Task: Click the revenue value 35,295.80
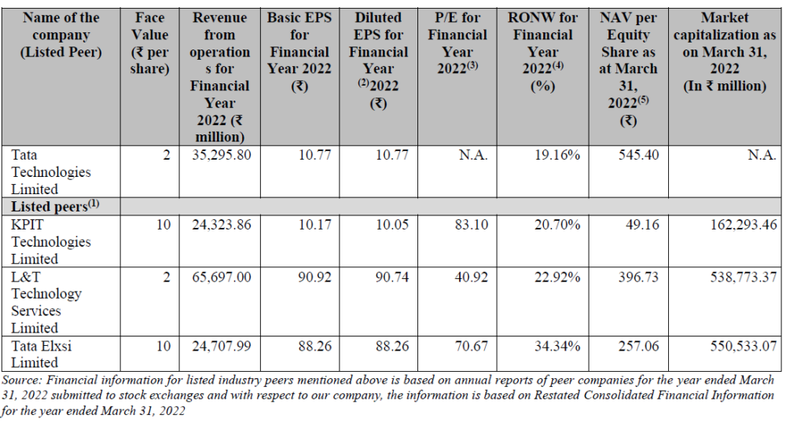tap(222, 155)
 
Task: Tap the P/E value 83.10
tap(472, 224)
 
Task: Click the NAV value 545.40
tap(639, 155)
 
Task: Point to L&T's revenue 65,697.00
tap(222, 276)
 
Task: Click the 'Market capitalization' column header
tap(725, 52)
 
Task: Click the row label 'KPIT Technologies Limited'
tap(49, 241)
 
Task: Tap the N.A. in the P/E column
tap(473, 155)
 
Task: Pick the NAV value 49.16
tap(642, 224)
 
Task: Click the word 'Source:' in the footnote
tap(24, 379)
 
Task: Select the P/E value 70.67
tap(472, 345)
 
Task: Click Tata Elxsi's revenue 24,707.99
tap(222, 345)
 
